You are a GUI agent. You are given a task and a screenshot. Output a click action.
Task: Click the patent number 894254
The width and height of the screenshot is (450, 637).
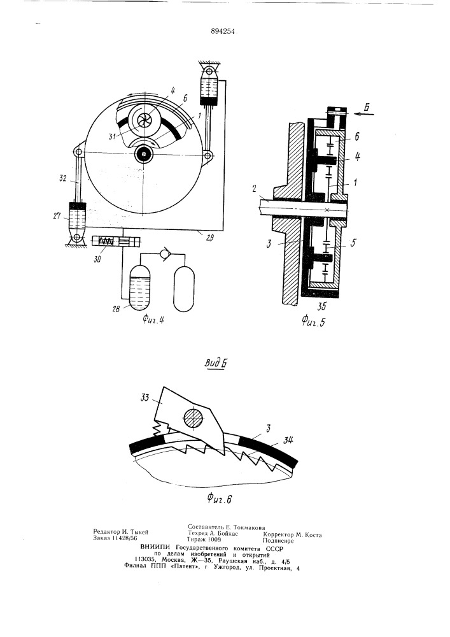[223, 31]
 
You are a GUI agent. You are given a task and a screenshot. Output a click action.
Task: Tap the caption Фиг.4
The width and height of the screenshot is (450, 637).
[153, 320]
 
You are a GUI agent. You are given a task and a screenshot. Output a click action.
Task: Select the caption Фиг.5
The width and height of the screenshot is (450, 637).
[314, 322]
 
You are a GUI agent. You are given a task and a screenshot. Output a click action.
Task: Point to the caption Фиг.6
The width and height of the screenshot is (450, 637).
[219, 498]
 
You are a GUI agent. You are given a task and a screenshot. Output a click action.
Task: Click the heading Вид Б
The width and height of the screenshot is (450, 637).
[215, 363]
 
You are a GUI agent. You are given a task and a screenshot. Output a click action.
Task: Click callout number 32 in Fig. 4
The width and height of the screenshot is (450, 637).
[63, 178]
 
